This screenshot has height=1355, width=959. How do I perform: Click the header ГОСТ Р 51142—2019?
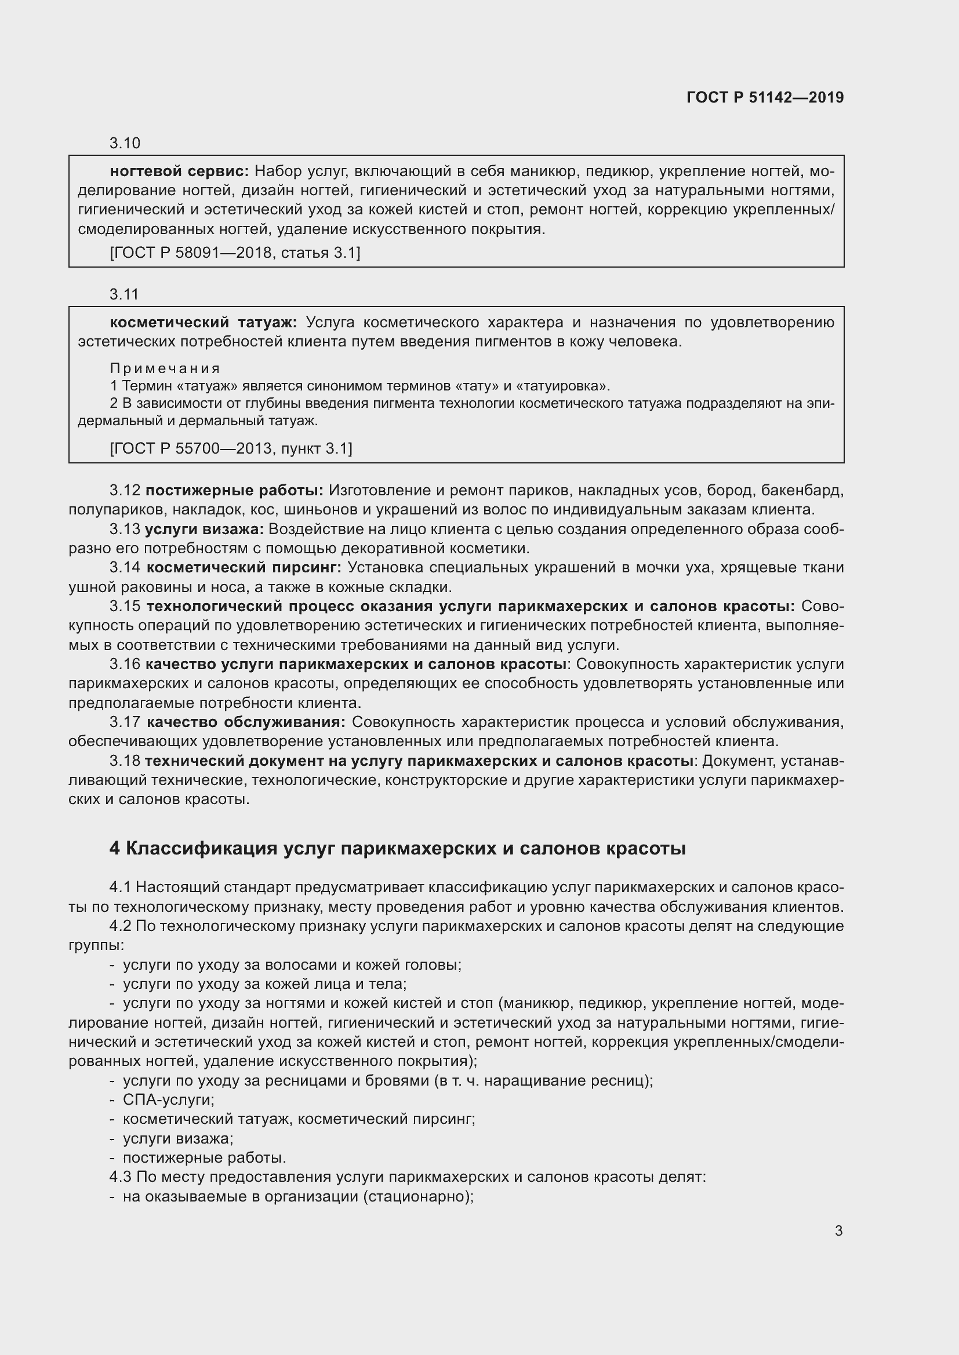765,97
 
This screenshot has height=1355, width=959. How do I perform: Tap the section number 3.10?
125,143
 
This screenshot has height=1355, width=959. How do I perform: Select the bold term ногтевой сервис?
180,171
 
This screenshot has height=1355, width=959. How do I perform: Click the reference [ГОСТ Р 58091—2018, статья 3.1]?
235,253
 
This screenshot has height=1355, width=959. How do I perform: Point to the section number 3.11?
124,294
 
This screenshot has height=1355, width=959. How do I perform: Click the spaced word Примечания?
165,368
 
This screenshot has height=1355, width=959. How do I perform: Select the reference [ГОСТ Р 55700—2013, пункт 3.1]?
231,448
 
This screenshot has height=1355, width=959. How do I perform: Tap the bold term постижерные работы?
234,491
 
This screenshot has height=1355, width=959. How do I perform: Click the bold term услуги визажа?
204,529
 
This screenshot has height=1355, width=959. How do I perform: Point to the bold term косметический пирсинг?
244,568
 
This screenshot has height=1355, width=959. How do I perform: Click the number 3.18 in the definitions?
125,761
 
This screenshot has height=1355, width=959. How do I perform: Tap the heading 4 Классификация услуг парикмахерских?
397,849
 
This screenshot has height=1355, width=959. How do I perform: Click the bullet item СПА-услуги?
168,1100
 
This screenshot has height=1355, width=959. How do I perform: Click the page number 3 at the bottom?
838,1231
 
